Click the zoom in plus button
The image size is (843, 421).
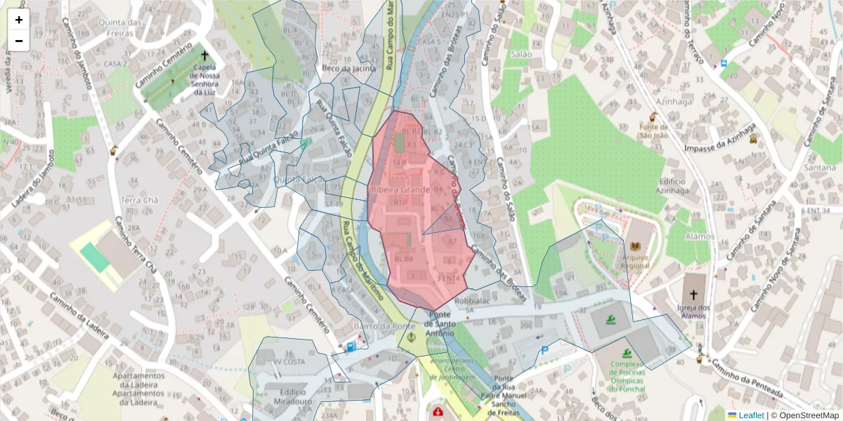coord(19,20)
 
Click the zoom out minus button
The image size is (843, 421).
coord(19,41)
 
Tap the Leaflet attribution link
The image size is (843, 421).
coord(751,415)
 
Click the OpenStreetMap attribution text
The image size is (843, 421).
coord(809,415)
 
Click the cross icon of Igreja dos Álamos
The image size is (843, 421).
coord(693,295)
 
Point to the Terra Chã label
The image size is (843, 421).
coord(140,200)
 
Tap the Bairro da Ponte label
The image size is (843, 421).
coord(381,326)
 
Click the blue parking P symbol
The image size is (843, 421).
coord(544,349)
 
